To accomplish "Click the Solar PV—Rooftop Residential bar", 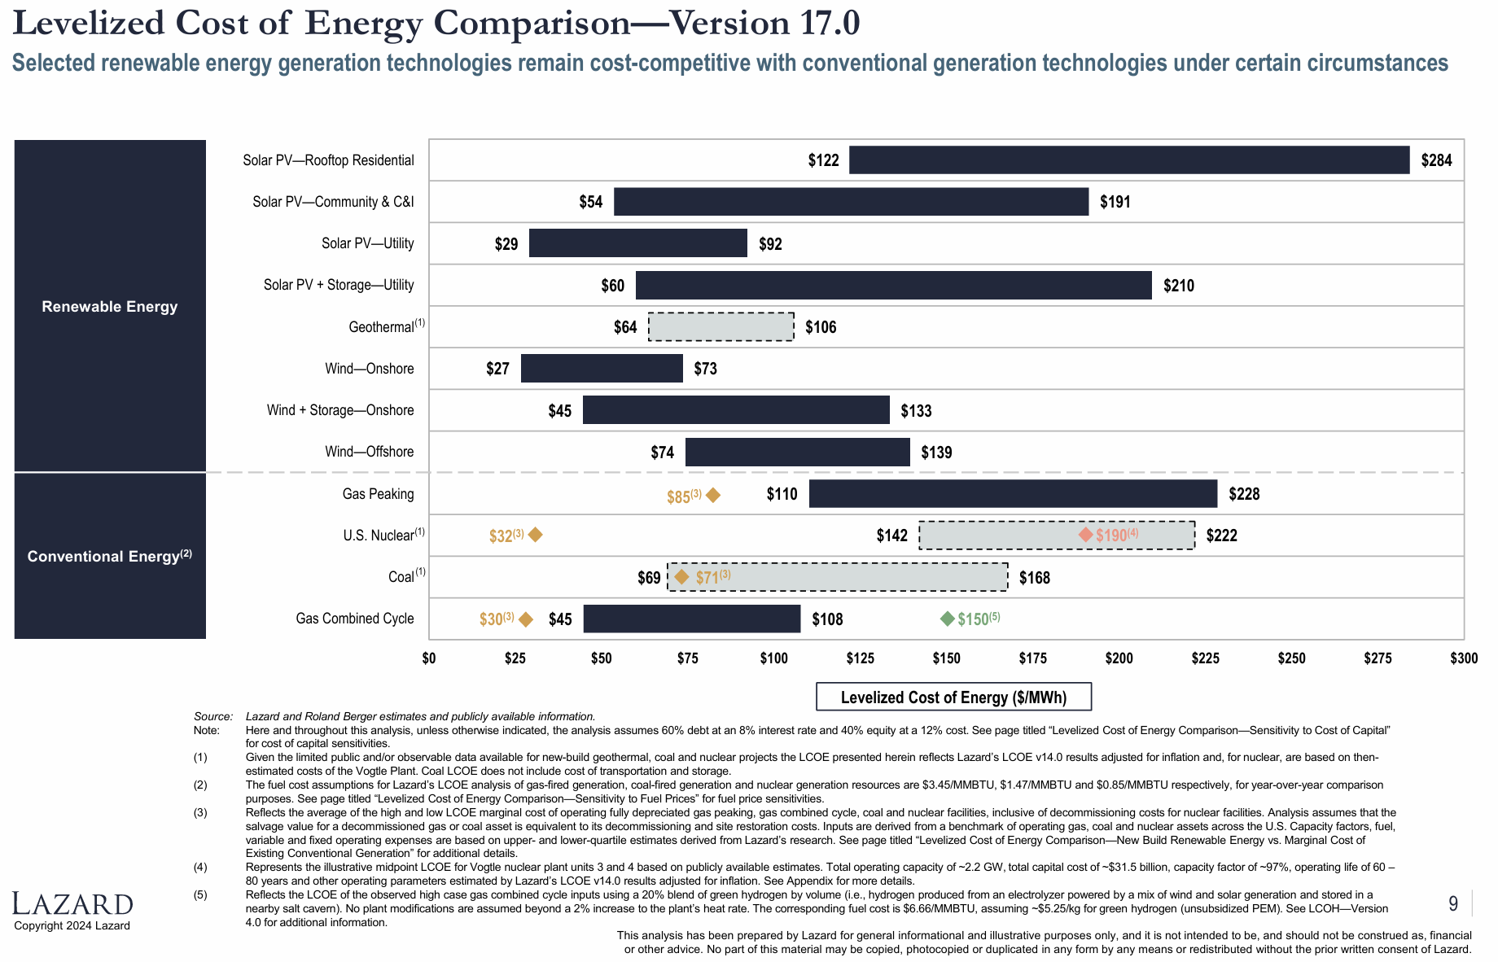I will tap(1129, 160).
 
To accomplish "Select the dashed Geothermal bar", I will tap(721, 326).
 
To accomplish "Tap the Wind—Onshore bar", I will tap(602, 369).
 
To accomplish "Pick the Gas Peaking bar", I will tap(1013, 494).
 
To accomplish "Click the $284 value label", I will tap(1436, 160).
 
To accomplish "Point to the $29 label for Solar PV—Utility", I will tap(506, 244).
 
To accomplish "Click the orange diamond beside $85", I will tap(713, 495).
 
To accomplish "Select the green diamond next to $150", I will tap(947, 619).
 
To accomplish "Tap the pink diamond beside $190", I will tap(1085, 535).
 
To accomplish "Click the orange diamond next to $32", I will tap(535, 535).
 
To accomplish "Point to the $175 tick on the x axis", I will tap(1032, 658).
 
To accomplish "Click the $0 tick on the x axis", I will tap(429, 658).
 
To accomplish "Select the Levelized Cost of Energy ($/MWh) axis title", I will tap(953, 697).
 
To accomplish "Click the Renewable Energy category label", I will tap(110, 307).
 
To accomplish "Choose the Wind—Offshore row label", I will tap(369, 452).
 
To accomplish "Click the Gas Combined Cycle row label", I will tap(355, 619).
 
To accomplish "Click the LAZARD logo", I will tap(72, 904).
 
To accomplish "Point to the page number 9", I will tap(1453, 903).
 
